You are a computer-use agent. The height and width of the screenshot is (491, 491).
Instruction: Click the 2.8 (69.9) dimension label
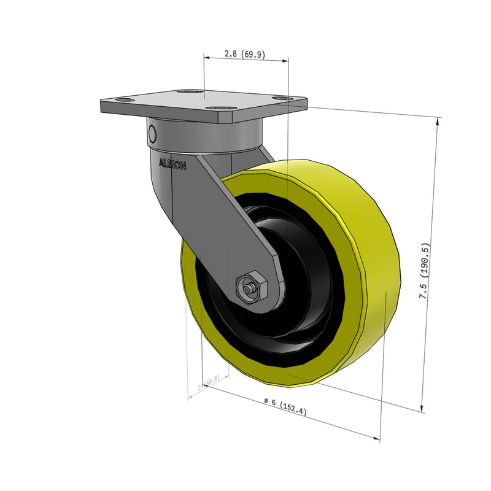[244, 54]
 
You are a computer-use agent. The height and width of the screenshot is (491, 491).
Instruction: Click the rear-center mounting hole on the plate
[188, 92]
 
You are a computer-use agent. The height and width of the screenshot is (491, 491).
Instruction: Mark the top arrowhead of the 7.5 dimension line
[438, 121]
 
